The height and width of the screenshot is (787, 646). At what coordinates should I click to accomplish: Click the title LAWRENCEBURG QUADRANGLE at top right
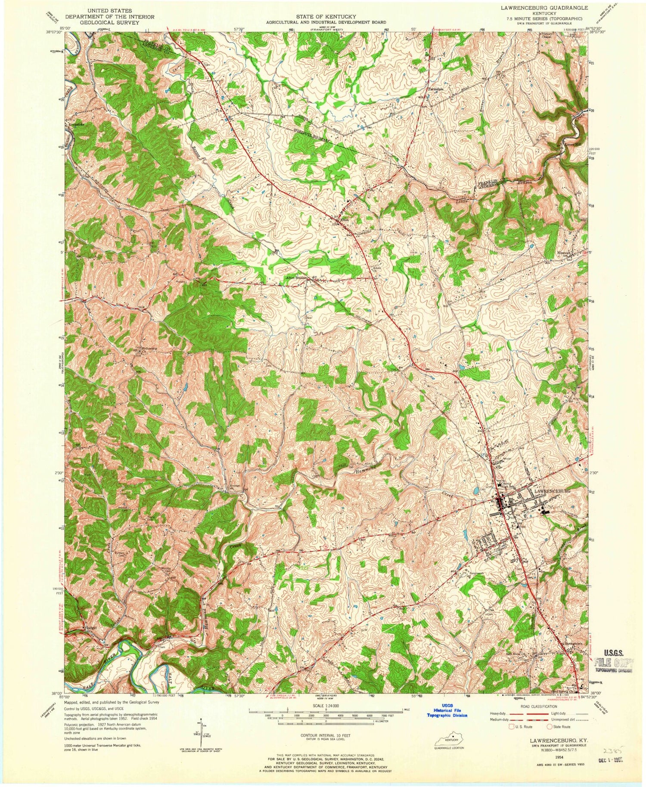tap(547, 8)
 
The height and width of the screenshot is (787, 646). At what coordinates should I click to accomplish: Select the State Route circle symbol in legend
tap(550, 726)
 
